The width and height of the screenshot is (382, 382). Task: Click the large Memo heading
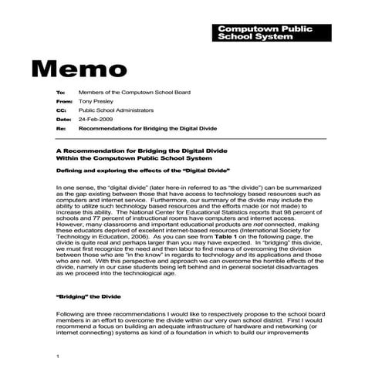(x=84, y=67)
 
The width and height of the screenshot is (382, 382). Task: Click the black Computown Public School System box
(x=265, y=32)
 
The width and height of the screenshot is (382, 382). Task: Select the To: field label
(x=61, y=93)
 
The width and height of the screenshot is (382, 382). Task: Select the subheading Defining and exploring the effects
(x=144, y=169)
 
